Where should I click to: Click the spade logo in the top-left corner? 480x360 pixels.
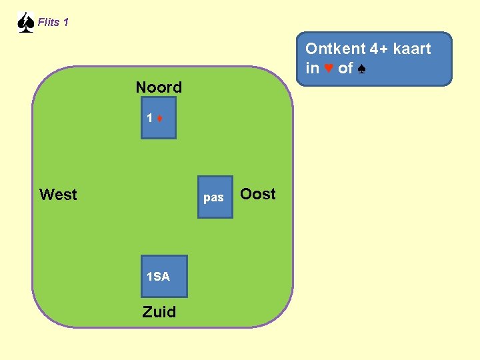click(x=25, y=23)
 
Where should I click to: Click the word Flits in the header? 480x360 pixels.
click(x=48, y=23)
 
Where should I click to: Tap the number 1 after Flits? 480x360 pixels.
click(x=65, y=23)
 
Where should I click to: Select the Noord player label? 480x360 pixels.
click(x=159, y=87)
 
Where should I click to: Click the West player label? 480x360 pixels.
click(x=58, y=195)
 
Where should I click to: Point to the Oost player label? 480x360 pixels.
click(x=257, y=194)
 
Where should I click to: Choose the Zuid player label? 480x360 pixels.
click(x=159, y=312)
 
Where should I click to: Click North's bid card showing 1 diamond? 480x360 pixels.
click(x=159, y=118)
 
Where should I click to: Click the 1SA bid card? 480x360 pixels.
click(x=164, y=277)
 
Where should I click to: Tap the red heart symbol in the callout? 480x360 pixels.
click(x=329, y=68)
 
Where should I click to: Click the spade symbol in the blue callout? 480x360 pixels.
click(x=361, y=68)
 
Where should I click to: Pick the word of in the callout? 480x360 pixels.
click(x=345, y=68)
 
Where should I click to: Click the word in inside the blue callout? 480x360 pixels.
click(x=312, y=68)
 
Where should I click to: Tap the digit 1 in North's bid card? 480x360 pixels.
click(x=151, y=119)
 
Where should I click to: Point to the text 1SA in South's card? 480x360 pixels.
click(x=159, y=277)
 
